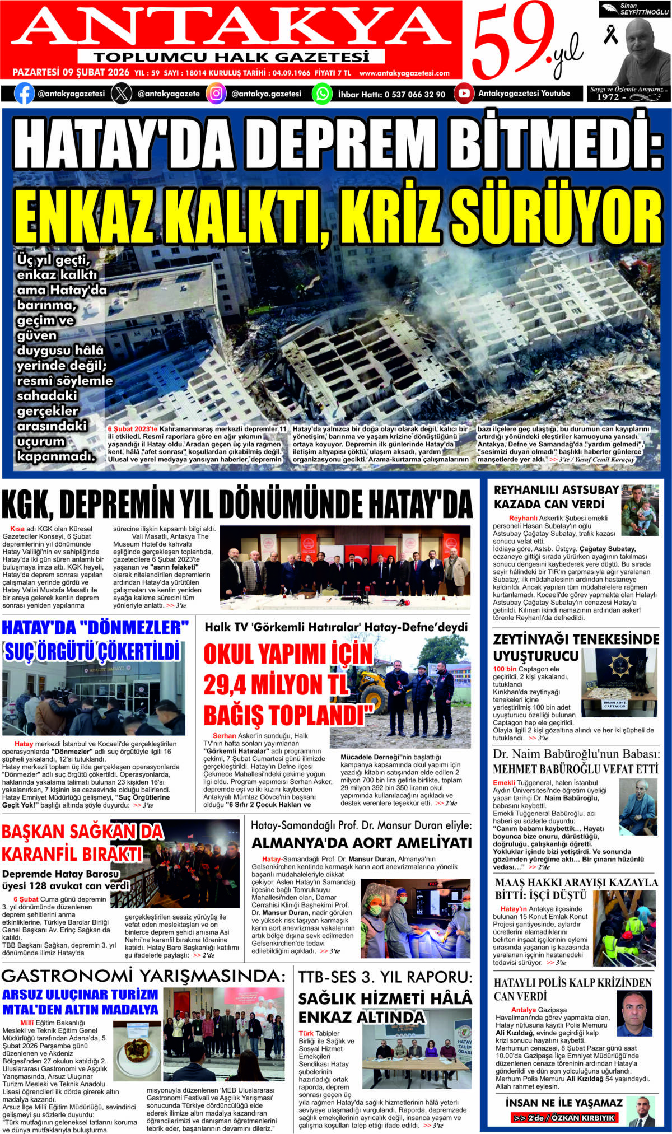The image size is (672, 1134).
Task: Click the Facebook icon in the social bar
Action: (24, 94)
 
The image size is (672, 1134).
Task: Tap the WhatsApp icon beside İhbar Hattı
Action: (322, 94)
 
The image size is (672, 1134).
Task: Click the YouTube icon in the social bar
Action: (464, 94)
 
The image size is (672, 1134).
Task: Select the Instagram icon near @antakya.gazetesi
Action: (216, 94)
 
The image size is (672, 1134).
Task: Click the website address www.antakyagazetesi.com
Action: (404, 73)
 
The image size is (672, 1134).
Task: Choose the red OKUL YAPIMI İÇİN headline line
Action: (288, 654)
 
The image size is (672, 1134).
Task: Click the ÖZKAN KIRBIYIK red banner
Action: (564, 1118)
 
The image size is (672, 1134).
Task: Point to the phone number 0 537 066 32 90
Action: (414, 95)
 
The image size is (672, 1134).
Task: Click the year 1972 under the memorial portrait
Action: (608, 97)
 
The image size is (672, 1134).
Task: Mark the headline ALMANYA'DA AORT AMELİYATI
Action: (361, 843)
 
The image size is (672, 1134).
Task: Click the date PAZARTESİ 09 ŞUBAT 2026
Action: (71, 73)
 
